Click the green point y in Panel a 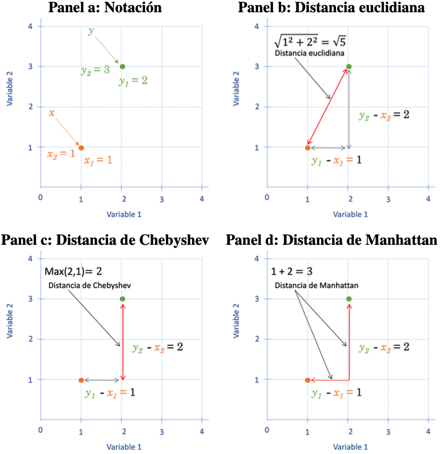(x=122, y=66)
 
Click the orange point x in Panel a (x=81, y=147)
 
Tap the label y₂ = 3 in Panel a (x=95, y=71)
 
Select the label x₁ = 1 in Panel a (x=98, y=160)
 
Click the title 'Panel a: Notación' (x=105, y=8)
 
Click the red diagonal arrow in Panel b (x=328, y=107)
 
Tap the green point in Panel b (x=349, y=66)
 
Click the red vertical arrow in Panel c (x=122, y=339)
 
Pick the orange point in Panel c (x=81, y=380)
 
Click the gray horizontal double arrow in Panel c (x=102, y=380)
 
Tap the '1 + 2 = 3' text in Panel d (x=292, y=272)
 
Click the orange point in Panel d (x=308, y=380)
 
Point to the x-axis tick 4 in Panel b (x=428, y=198)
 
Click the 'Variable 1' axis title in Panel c (x=124, y=446)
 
